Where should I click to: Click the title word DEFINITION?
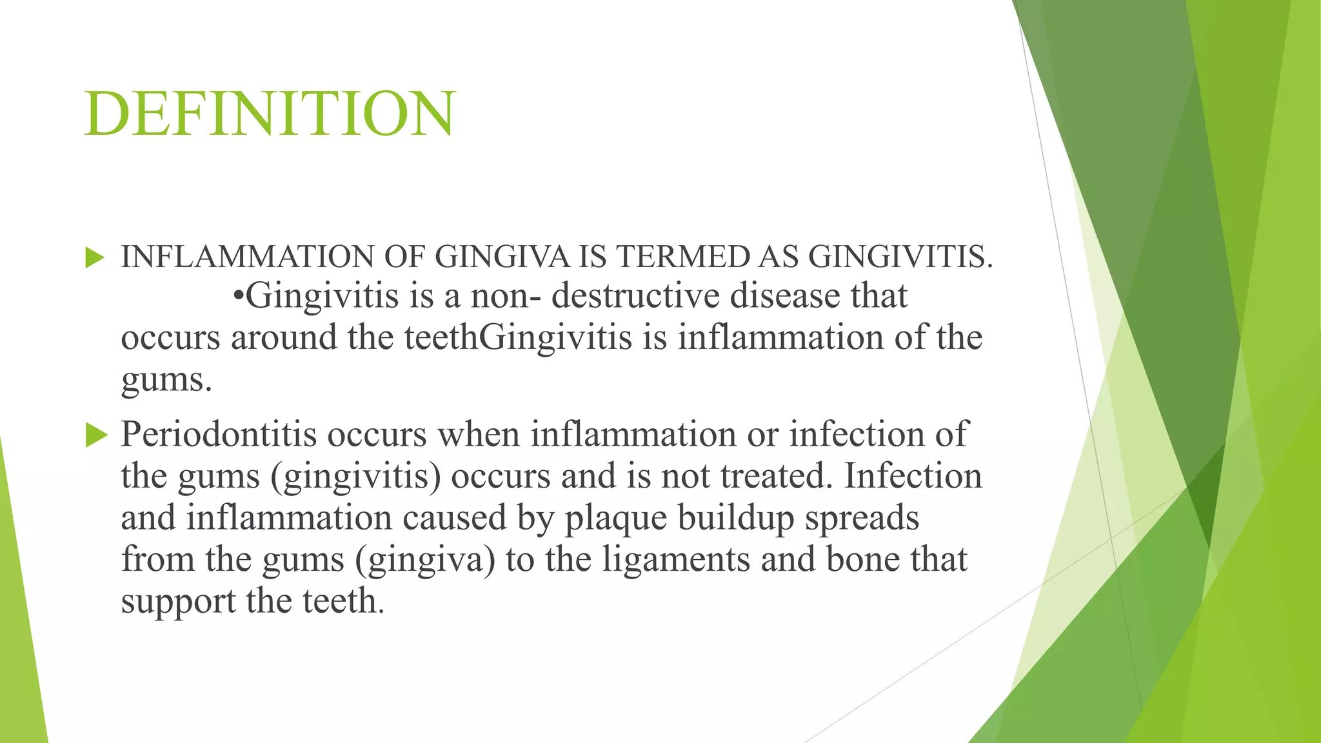[x=270, y=114]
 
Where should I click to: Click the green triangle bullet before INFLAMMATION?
[x=94, y=259]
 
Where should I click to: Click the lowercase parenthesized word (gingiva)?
[x=425, y=560]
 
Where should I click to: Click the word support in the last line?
[x=178, y=602]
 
